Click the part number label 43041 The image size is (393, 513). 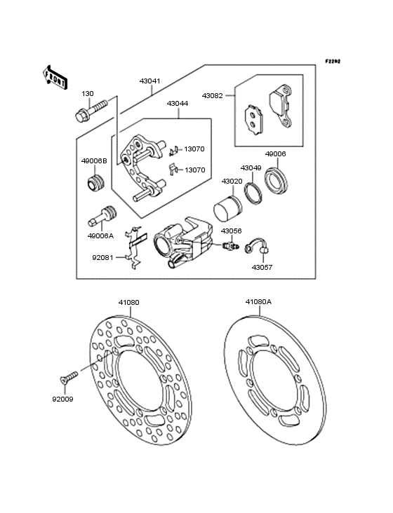point(149,81)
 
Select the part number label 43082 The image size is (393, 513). point(212,95)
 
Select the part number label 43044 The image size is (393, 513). point(177,103)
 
